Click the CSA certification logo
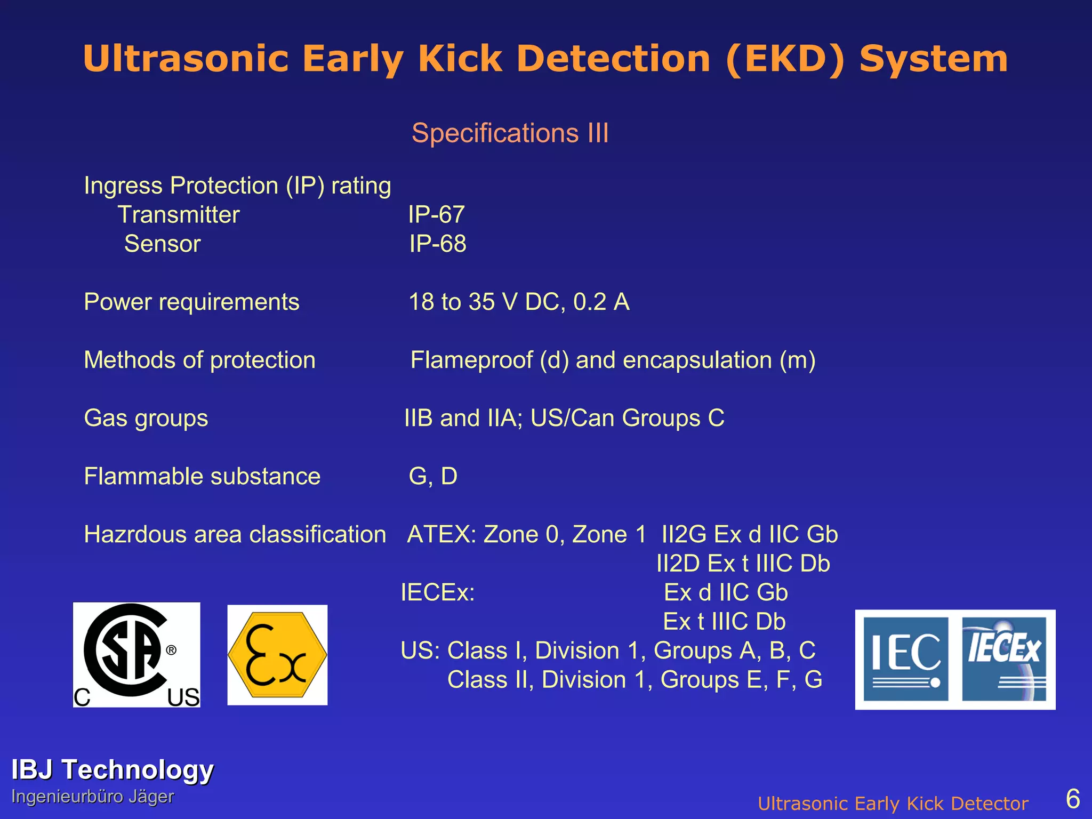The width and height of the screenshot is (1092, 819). pos(136,655)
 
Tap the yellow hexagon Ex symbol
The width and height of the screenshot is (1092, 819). pos(277,655)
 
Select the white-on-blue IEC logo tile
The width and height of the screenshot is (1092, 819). pos(905,659)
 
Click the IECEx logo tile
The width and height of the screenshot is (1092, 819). pos(1004,659)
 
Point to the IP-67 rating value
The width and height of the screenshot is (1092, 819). pos(436,215)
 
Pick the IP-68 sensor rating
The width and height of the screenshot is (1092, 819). pos(437,244)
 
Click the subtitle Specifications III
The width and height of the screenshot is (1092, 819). pos(510,133)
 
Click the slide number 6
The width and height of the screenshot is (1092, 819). pos(1072,799)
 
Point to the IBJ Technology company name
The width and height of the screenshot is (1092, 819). pos(113,770)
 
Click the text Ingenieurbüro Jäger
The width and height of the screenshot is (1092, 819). pos(93,797)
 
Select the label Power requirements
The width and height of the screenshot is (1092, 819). pos(191,302)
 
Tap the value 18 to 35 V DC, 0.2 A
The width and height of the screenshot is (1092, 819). pos(519,302)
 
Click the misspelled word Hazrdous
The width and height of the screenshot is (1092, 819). pos(135,535)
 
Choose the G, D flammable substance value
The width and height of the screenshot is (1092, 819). pos(433,476)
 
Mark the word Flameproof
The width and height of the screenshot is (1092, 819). pos(471,360)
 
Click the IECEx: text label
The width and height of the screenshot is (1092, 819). pos(437,593)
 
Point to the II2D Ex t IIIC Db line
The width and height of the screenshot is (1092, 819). pos(743,564)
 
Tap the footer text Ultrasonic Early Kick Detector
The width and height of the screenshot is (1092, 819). pos(893,804)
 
